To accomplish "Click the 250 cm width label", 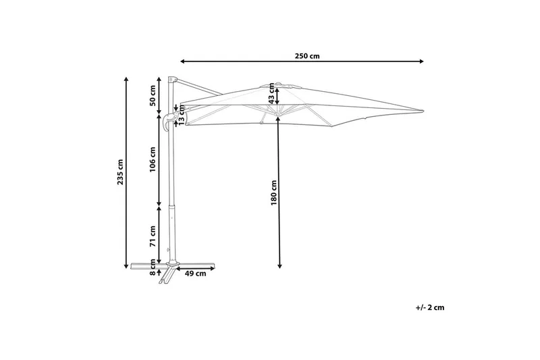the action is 307,56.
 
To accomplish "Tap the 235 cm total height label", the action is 120,172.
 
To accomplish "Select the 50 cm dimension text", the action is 153,95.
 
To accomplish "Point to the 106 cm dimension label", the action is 153,159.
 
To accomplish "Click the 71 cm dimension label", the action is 153,236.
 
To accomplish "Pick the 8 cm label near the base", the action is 153,267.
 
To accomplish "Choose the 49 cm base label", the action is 195,274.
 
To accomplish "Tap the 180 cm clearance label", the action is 273,192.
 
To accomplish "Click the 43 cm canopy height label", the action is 272,94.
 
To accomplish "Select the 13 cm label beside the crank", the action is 182,115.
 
